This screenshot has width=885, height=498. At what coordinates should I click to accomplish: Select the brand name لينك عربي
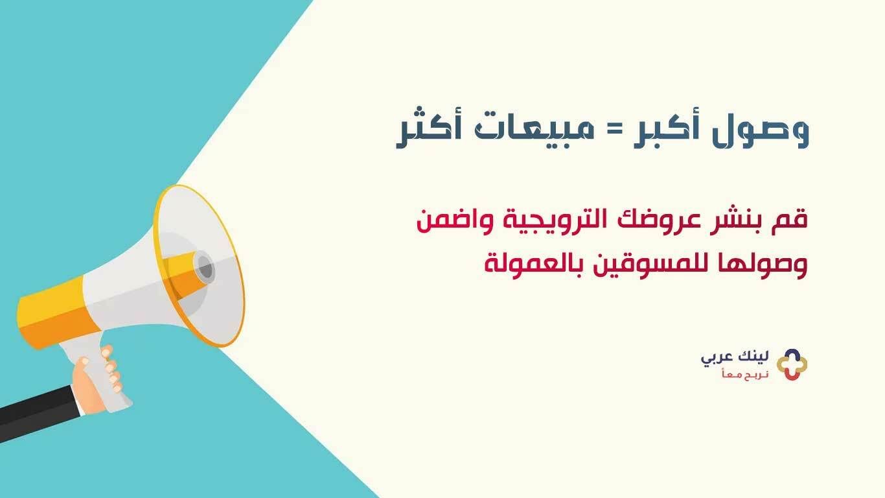(735, 359)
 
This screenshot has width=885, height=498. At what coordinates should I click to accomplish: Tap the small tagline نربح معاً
(745, 374)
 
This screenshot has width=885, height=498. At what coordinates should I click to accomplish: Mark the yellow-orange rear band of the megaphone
(56, 313)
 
